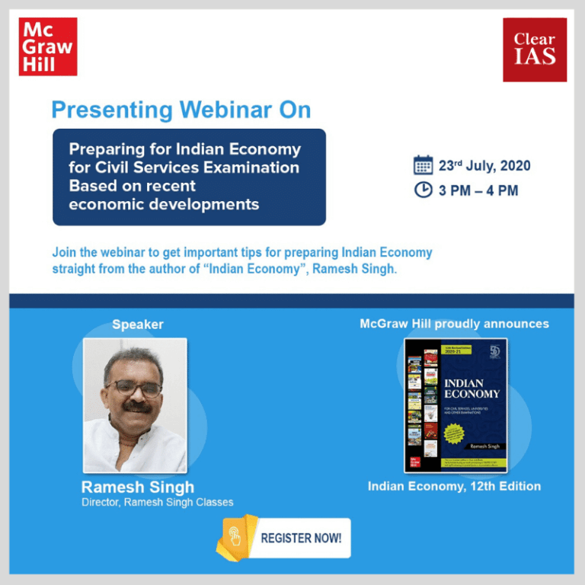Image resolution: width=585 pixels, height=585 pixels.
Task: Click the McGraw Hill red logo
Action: [48, 46]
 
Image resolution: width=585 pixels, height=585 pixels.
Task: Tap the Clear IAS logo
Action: [535, 50]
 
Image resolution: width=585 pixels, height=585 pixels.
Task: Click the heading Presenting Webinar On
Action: [181, 110]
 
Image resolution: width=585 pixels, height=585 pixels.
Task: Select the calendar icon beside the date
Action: [423, 165]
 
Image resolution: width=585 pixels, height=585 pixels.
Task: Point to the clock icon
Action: [423, 190]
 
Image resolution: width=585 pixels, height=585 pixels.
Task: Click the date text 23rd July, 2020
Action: [484, 166]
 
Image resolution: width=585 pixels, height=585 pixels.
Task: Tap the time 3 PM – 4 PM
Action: [478, 190]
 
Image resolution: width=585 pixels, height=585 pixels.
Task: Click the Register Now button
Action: [301, 538]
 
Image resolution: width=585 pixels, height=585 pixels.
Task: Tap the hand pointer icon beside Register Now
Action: [236, 537]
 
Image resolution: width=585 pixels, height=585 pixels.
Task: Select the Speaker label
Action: [138, 324]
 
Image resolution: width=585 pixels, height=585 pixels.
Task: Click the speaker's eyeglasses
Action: [135, 388]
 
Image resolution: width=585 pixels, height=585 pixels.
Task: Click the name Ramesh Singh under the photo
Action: [138, 487]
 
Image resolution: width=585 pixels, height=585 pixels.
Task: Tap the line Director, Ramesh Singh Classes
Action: [158, 503]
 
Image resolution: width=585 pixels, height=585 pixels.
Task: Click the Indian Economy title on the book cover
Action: [472, 388]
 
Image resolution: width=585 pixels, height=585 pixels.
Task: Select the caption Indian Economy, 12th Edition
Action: [454, 486]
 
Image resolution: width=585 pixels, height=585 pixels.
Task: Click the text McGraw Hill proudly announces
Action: [454, 324]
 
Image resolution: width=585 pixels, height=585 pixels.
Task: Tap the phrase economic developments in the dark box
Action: [164, 204]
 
